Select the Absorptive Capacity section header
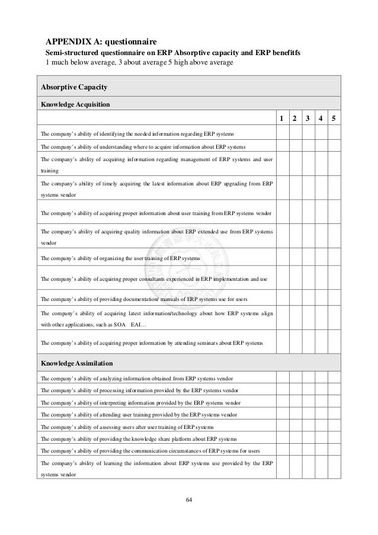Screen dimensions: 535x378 coord(73,87)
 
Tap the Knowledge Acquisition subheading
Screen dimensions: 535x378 coord(75,104)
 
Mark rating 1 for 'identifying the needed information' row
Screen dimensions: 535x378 coord(281,134)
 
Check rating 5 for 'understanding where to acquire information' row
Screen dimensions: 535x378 coord(334,147)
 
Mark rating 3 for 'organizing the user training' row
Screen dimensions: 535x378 coord(308,258)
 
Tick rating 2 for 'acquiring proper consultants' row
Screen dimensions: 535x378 coord(294,278)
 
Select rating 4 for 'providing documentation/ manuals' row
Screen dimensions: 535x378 coord(321,297)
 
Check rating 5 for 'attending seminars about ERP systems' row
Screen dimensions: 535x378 coord(334,342)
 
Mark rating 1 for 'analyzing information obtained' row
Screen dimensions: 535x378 coord(281,378)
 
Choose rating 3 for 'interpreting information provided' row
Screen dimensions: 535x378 coord(308,402)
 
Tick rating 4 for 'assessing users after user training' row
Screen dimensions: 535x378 coord(321,427)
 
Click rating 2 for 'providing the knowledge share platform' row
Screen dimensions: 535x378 coord(294,439)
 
